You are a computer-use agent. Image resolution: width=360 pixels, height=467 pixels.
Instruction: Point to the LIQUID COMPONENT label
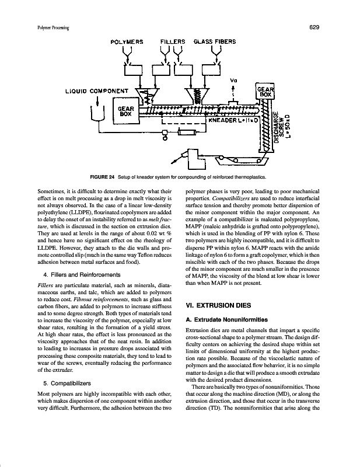coord(96,92)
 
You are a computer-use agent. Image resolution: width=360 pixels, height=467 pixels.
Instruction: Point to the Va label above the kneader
coord(233,81)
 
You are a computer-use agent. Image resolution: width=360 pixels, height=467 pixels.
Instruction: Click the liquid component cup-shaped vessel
coord(93,120)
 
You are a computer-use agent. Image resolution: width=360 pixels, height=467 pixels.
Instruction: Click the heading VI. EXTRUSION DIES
coord(214,305)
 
